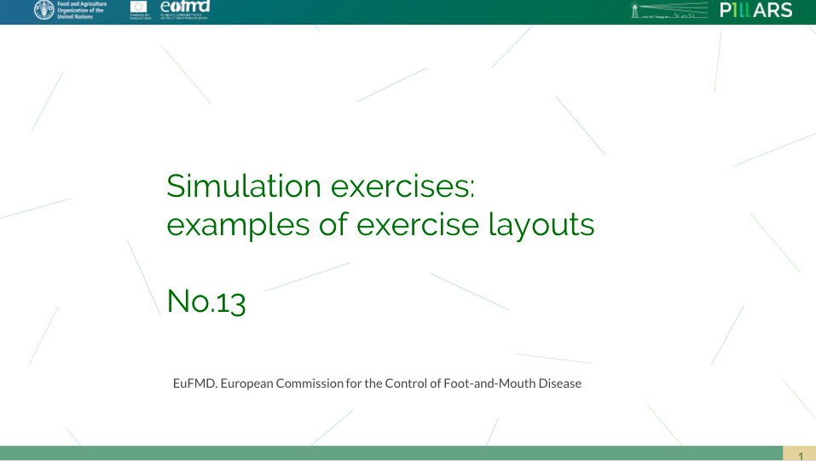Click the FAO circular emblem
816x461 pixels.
click(43, 10)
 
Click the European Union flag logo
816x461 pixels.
click(139, 7)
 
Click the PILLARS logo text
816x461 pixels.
click(755, 10)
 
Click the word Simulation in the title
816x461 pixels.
click(244, 186)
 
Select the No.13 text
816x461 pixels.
click(206, 301)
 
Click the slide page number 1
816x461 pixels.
click(800, 456)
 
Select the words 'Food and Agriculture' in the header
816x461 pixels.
click(82, 4)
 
